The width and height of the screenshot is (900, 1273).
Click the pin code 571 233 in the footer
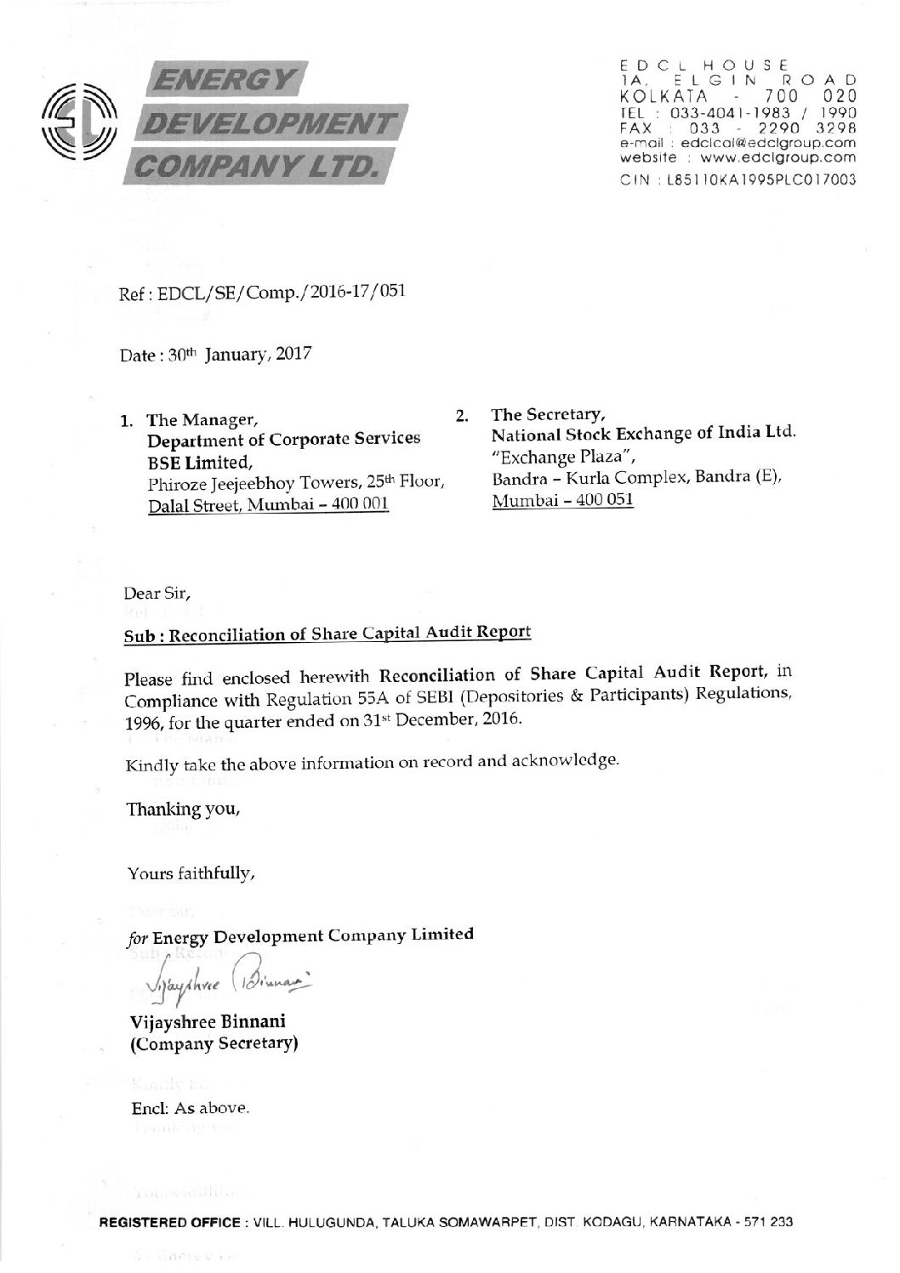pyautogui.click(x=770, y=1222)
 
